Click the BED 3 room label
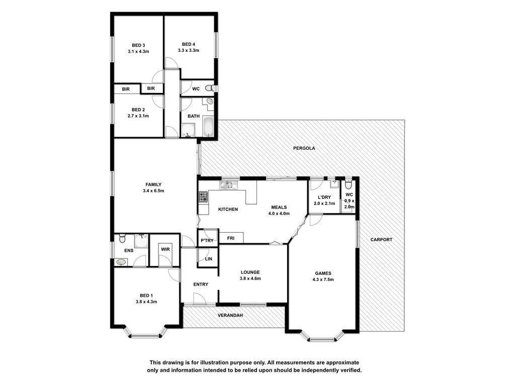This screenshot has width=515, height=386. [138, 45]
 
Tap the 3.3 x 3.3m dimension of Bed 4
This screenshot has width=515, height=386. [189, 51]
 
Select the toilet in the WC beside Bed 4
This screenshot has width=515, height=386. [209, 88]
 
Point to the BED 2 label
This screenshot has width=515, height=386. [138, 110]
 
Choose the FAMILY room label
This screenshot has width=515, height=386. [153, 184]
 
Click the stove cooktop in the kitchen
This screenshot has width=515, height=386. [203, 197]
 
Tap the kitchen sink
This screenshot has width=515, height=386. [228, 185]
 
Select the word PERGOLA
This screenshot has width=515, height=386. [304, 148]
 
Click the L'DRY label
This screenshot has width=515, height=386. [324, 197]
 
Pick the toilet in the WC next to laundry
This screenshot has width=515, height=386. [348, 184]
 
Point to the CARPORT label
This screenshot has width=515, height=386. [381, 240]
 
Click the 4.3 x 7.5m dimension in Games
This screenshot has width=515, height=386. [323, 279]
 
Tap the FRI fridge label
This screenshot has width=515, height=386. [230, 238]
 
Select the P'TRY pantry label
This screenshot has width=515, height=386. [207, 241]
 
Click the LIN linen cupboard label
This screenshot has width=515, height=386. [209, 259]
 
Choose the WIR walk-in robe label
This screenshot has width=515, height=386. [165, 249]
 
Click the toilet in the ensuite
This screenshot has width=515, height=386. [122, 238]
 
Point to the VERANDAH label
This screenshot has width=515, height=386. [230, 316]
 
